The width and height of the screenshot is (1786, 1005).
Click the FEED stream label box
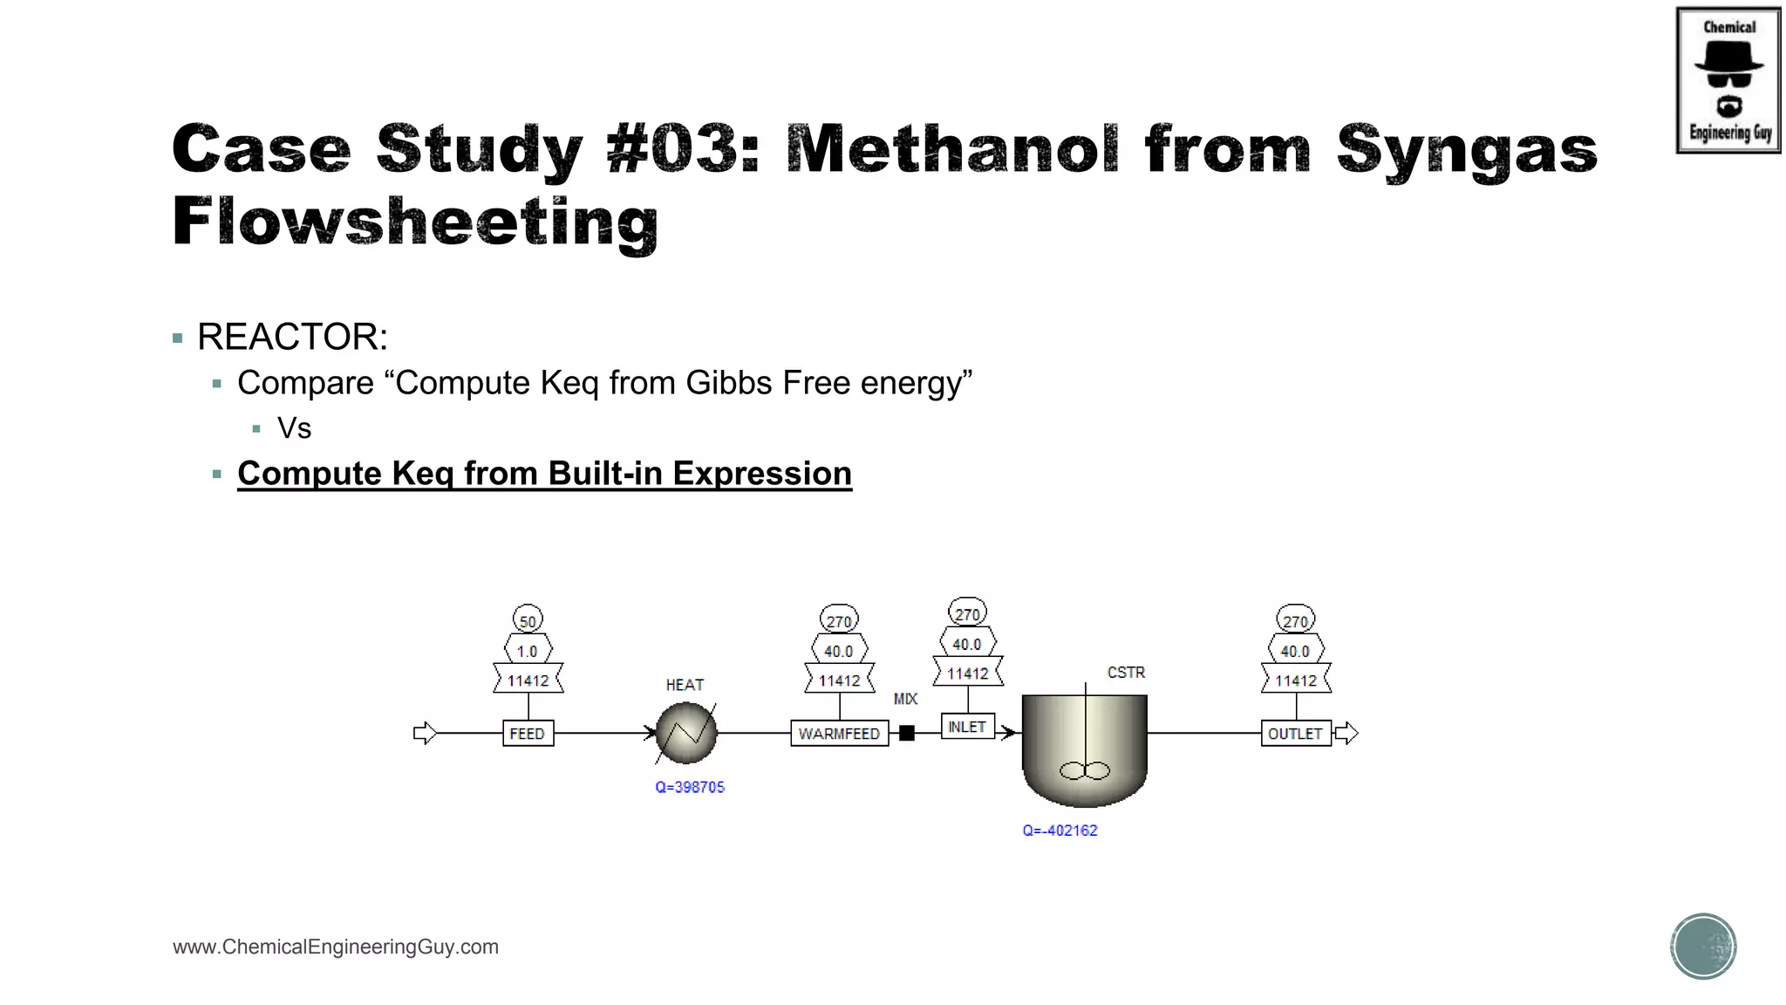[x=528, y=733]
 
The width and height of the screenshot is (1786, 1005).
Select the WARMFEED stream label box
[x=839, y=733]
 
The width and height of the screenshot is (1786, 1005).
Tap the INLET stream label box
[x=967, y=726]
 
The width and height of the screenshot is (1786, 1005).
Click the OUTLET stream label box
[x=1295, y=733]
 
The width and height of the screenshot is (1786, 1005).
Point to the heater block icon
[x=686, y=733]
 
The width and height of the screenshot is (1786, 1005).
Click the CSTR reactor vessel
[x=1084, y=750]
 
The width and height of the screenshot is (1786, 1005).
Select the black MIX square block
[x=907, y=733]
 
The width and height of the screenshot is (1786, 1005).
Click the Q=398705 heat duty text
[x=690, y=787]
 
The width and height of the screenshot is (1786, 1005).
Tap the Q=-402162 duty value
[x=1060, y=831]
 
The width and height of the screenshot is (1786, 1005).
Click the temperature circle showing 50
[x=528, y=620]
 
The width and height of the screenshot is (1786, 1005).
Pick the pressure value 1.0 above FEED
[x=528, y=651]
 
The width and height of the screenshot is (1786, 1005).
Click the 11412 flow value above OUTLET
[x=1296, y=680]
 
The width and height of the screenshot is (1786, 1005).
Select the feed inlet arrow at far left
[x=425, y=733]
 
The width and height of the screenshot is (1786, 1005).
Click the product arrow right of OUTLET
[x=1347, y=733]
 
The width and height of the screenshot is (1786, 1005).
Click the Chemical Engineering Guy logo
[x=1728, y=80]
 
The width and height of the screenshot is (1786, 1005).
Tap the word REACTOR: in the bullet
[x=292, y=337]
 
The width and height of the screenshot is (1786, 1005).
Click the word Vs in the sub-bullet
[x=294, y=428]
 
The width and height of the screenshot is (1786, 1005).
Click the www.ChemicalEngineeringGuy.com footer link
[x=336, y=947]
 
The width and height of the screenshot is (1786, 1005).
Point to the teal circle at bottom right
[x=1703, y=947]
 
